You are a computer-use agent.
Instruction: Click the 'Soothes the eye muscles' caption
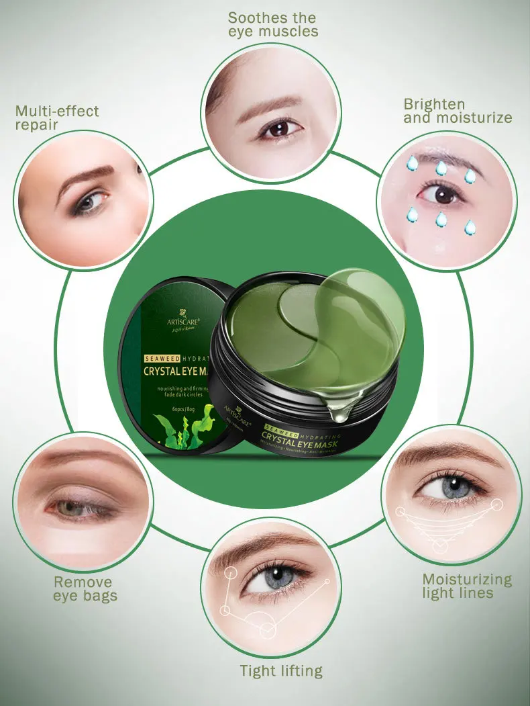[x=272, y=24]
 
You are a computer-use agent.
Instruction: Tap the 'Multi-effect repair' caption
[x=57, y=118]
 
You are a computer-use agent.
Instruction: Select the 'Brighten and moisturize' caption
[x=458, y=111]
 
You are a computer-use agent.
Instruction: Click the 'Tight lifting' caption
[x=281, y=670]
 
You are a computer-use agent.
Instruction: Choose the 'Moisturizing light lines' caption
[x=467, y=586]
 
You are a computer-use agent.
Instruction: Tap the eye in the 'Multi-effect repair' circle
[x=89, y=202]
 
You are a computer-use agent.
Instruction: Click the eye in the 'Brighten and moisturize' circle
[x=441, y=194]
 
